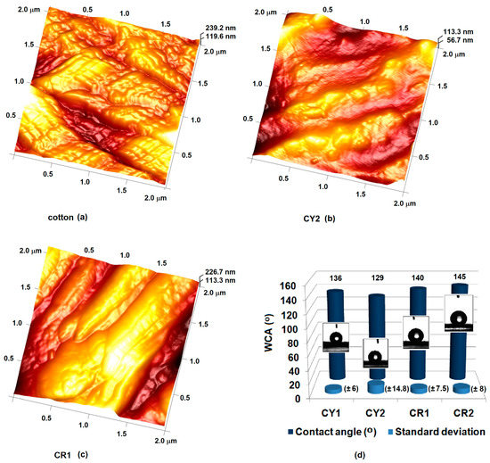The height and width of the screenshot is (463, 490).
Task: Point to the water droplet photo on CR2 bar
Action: (458, 315)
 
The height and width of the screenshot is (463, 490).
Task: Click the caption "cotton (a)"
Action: (67, 217)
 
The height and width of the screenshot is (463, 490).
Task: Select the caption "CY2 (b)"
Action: (314, 217)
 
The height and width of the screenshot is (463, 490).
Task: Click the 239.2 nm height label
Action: (222, 27)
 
